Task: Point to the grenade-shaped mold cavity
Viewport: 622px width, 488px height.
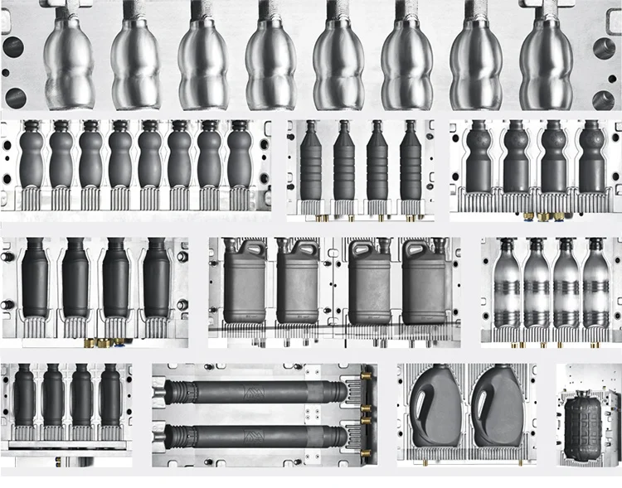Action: [590, 423]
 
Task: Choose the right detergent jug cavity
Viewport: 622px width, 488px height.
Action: [500, 411]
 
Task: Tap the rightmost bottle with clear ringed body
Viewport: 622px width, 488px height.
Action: [593, 285]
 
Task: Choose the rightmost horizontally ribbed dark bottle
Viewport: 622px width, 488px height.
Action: [410, 166]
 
